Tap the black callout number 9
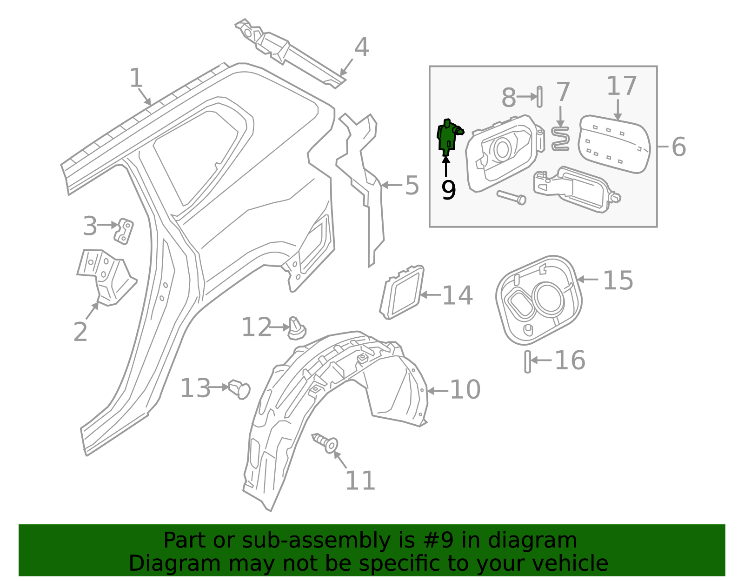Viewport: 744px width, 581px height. (x=448, y=190)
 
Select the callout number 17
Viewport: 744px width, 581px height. (x=621, y=86)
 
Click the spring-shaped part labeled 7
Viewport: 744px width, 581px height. (x=561, y=139)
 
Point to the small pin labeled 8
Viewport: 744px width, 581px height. (x=539, y=97)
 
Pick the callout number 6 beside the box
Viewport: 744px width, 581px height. (x=678, y=147)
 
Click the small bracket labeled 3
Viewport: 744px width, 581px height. (x=124, y=231)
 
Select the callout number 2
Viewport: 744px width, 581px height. (x=80, y=332)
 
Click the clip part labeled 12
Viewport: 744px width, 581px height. (x=297, y=328)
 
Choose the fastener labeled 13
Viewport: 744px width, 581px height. (x=240, y=388)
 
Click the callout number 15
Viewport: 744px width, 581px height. (x=618, y=280)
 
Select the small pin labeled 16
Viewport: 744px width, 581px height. (x=528, y=361)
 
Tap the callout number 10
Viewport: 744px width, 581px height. (x=465, y=389)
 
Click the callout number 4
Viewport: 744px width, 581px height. (x=361, y=47)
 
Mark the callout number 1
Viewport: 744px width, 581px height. (x=136, y=78)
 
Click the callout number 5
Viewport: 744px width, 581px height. (x=412, y=185)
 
